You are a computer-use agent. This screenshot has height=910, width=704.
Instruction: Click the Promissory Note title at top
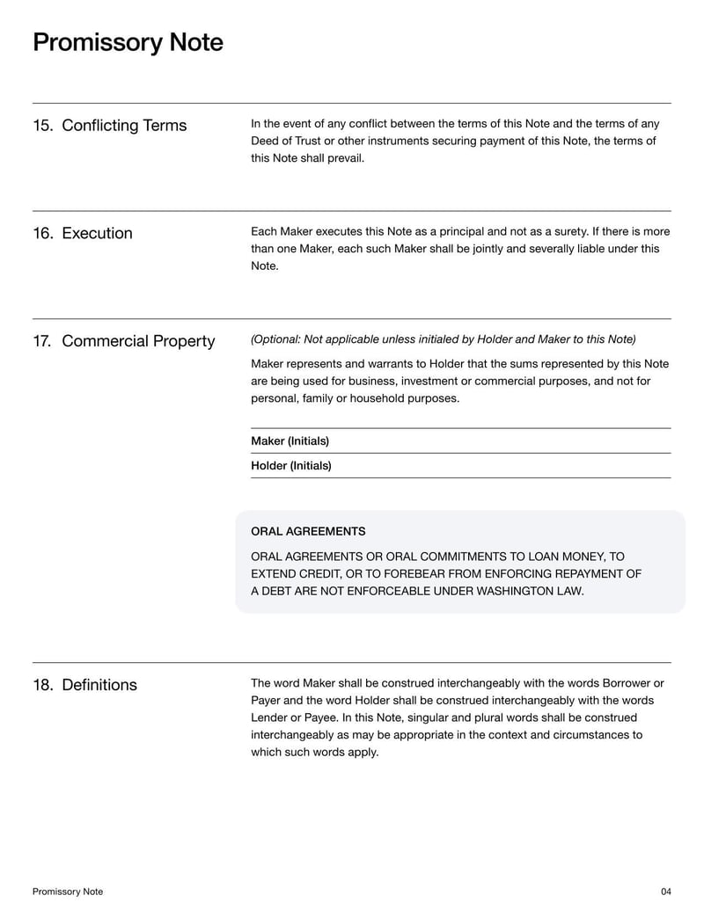[128, 42]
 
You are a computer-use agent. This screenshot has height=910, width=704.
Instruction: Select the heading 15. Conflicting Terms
[109, 125]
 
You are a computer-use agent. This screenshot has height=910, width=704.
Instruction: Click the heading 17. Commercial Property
[123, 341]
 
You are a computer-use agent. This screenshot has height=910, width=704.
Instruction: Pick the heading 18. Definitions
[84, 685]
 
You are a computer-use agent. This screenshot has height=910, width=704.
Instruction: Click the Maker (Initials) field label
[290, 441]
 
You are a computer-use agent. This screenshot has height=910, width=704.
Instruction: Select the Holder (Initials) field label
[290, 466]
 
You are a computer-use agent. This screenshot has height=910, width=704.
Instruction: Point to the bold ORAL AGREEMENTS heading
[308, 532]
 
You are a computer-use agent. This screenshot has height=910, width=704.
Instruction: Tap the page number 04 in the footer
[665, 892]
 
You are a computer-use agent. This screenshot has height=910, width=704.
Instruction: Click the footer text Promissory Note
[68, 892]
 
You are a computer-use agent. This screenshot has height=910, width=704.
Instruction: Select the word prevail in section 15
[344, 158]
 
